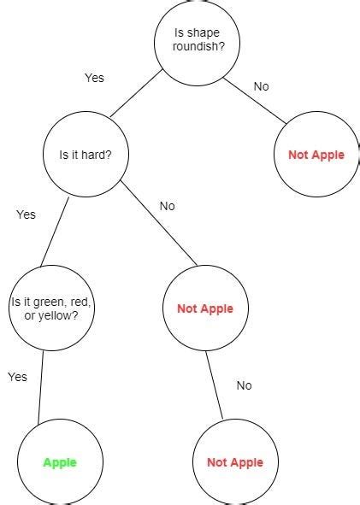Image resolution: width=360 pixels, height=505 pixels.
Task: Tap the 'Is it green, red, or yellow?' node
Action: click(x=51, y=308)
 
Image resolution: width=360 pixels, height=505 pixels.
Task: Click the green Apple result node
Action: click(x=60, y=462)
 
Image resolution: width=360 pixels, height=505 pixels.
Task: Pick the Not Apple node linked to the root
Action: click(x=316, y=155)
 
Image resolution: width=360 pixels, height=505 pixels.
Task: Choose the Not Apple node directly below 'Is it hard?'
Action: click(x=204, y=308)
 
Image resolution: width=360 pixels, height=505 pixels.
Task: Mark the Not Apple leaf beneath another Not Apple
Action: click(x=234, y=462)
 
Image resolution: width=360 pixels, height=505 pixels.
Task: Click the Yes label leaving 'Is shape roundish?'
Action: click(x=94, y=78)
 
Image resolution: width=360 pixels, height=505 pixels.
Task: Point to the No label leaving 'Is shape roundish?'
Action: click(x=262, y=86)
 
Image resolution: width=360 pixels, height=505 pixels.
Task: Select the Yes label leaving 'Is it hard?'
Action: click(x=26, y=214)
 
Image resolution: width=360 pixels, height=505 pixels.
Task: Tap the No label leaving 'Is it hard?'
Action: click(x=167, y=206)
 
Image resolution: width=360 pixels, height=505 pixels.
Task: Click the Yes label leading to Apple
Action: click(x=17, y=377)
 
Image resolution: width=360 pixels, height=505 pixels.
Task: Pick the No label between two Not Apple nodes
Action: click(x=244, y=385)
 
